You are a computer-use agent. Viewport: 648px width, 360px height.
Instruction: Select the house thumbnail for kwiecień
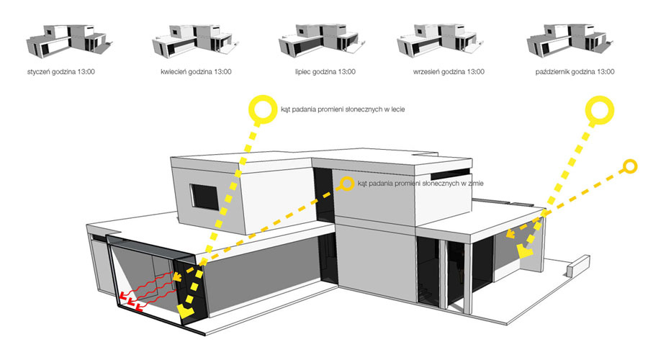[x=189, y=40]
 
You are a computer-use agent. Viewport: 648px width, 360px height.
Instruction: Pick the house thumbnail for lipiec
[x=315, y=40]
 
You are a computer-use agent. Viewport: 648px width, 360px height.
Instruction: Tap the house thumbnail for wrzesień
[x=436, y=40]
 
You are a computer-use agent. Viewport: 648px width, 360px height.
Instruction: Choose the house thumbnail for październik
[x=564, y=40]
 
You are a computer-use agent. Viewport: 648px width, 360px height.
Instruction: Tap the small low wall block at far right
[x=577, y=268]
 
